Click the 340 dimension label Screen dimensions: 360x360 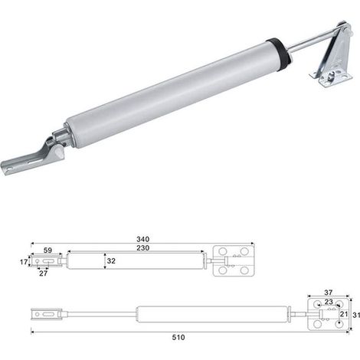tap(142, 239)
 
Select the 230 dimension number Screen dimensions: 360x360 tap(142, 248)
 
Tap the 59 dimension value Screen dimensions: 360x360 tap(47, 250)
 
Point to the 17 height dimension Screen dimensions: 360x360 tap(24, 262)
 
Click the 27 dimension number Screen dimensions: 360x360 tap(44, 273)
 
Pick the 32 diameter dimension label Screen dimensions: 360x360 tap(111, 261)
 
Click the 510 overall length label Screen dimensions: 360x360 tap(178, 338)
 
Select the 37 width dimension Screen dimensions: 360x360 tap(329, 293)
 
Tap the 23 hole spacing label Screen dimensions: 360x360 tap(329, 302)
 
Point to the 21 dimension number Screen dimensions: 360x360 tap(344, 314)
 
